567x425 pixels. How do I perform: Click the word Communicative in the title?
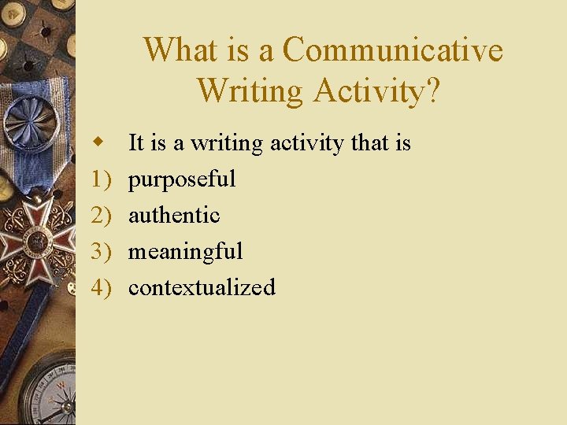pyautogui.click(x=392, y=50)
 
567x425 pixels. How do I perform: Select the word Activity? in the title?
pyautogui.click(x=376, y=91)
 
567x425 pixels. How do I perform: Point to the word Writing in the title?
pyautogui.click(x=250, y=91)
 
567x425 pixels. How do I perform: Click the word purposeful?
pyautogui.click(x=182, y=179)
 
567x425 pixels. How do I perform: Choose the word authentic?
pyautogui.click(x=174, y=215)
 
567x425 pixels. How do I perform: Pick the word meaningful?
pyautogui.click(x=185, y=252)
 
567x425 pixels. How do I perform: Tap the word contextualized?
pyautogui.click(x=202, y=287)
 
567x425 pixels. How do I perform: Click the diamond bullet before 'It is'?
pyautogui.click(x=98, y=142)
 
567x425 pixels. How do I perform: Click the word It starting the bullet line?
pyautogui.click(x=135, y=143)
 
